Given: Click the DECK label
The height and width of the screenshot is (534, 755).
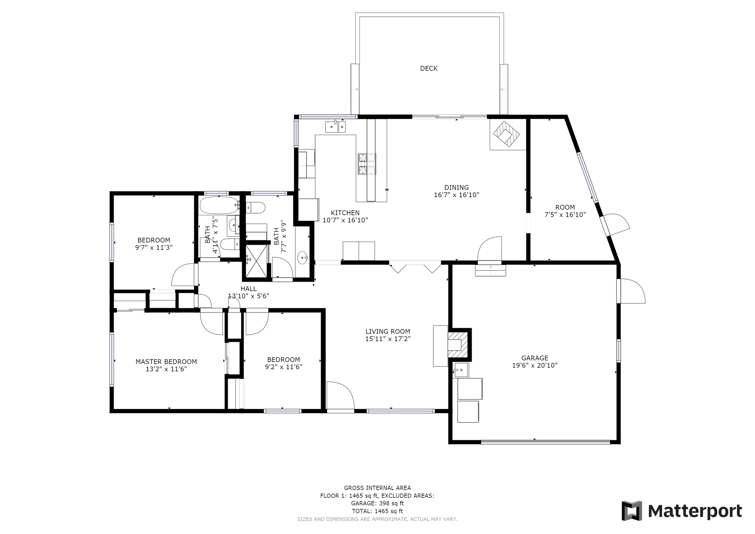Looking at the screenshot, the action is click(x=429, y=68).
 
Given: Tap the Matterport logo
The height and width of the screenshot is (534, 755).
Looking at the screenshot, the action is click(x=682, y=511).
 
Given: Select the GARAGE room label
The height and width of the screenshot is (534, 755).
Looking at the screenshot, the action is click(x=534, y=358).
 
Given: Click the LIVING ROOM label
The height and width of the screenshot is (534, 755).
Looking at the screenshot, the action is click(x=388, y=332).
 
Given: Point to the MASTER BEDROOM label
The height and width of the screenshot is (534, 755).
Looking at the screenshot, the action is click(x=166, y=362).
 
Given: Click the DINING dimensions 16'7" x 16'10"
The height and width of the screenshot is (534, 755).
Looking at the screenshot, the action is click(x=457, y=195).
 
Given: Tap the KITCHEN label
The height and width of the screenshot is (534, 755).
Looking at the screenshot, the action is click(x=345, y=213).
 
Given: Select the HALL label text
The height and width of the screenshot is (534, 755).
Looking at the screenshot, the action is click(x=249, y=289).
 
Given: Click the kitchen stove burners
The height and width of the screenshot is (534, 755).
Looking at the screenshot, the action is click(x=366, y=164).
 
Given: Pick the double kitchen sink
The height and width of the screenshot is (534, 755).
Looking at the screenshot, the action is click(x=335, y=127).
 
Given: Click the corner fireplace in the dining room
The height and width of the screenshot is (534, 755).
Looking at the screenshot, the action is click(x=507, y=134).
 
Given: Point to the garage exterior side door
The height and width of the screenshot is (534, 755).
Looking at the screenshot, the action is click(x=631, y=291).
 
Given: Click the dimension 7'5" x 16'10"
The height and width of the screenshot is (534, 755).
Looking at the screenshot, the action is click(x=565, y=215).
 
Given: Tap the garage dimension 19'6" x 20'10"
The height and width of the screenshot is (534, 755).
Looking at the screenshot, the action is click(x=534, y=366).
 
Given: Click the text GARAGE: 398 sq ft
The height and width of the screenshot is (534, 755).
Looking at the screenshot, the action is click(x=377, y=503).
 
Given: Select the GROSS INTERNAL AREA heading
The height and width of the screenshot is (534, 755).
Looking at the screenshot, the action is click(x=377, y=488).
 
